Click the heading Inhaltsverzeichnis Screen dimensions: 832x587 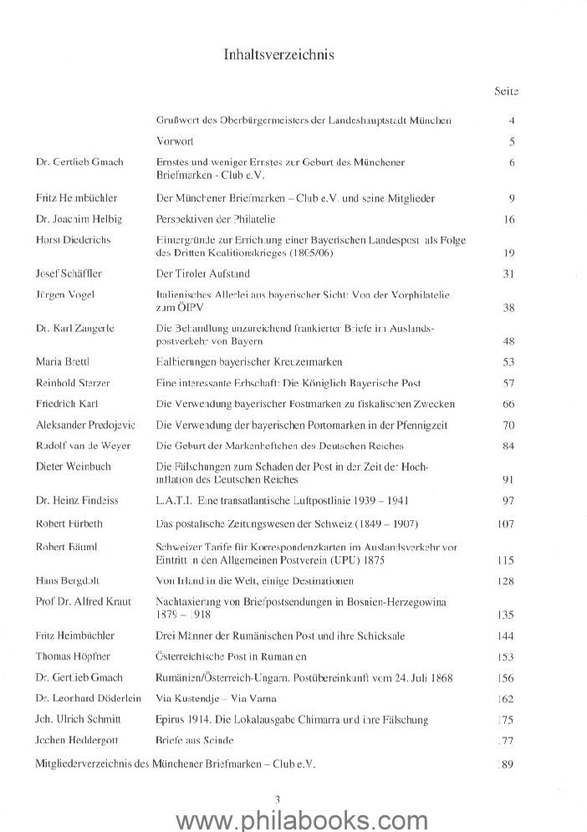(279, 54)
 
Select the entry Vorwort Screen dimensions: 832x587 (176, 140)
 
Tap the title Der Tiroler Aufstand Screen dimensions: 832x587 (203, 273)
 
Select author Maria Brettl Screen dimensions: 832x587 (59, 362)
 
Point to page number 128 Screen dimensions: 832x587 (505, 580)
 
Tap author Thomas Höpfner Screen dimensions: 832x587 (69, 656)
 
